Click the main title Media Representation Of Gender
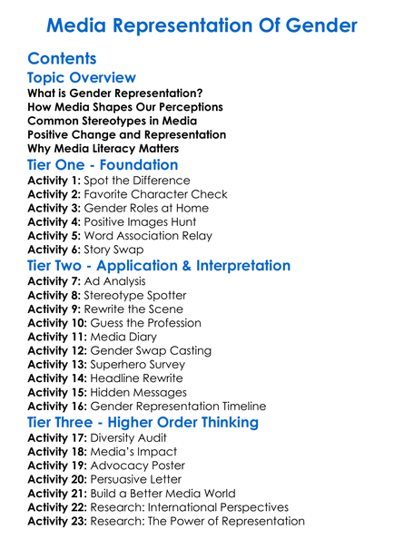[202, 25]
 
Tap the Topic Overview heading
[82, 78]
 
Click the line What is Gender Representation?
[115, 93]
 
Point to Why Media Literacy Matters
[103, 148]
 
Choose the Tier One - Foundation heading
[103, 165]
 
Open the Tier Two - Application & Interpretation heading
[159, 266]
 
